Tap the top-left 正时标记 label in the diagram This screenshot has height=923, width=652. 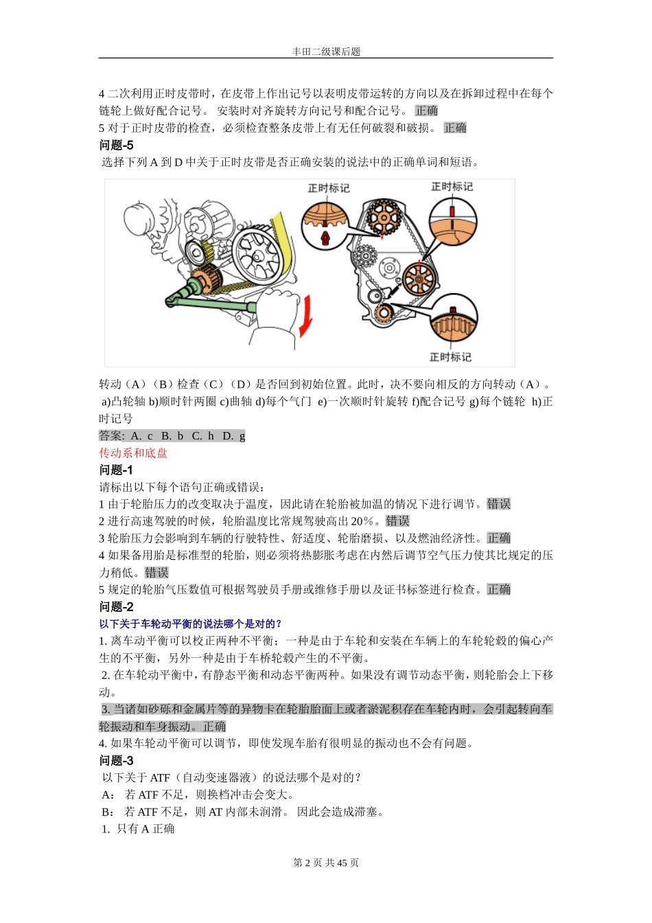pyautogui.click(x=328, y=188)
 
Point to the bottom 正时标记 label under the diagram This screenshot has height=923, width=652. pyautogui.click(x=450, y=357)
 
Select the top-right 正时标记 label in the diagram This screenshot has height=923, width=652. pyautogui.click(x=452, y=187)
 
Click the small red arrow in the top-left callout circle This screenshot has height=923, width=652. pyautogui.click(x=327, y=238)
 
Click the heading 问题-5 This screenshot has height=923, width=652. pyautogui.click(x=117, y=145)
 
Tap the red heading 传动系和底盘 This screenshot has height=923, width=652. pyautogui.click(x=133, y=453)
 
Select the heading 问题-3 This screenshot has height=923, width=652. pyautogui.click(x=117, y=761)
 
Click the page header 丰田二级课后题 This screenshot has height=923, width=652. pyautogui.click(x=326, y=52)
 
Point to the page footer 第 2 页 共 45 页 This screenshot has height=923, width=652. pyautogui.click(x=326, y=863)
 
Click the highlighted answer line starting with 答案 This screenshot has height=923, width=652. pyautogui.click(x=172, y=436)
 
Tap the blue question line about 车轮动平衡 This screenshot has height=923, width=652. pyautogui.click(x=191, y=624)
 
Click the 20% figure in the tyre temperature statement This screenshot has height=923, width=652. pyautogui.click(x=362, y=521)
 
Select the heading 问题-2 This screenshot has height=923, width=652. pyautogui.click(x=117, y=607)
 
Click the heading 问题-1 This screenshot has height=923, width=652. pyautogui.click(x=117, y=470)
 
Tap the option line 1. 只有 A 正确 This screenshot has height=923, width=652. pyautogui.click(x=138, y=829)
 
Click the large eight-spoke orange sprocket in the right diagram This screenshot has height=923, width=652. pyautogui.click(x=419, y=279)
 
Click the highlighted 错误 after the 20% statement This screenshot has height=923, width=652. pyautogui.click(x=397, y=521)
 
